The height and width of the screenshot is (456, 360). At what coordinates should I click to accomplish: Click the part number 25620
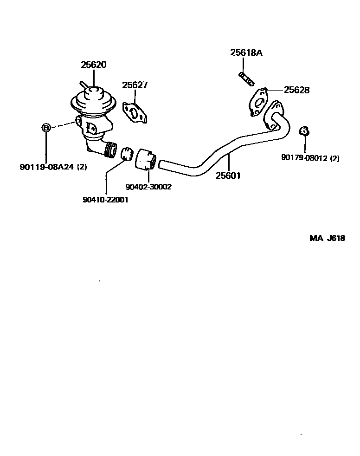tap(93, 65)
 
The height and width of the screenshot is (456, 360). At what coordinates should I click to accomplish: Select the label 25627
tap(135, 85)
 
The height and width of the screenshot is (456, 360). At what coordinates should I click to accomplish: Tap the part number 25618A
tap(246, 53)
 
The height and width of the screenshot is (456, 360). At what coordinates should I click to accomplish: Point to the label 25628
tap(296, 90)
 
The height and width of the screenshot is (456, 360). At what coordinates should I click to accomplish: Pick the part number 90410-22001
tap(105, 200)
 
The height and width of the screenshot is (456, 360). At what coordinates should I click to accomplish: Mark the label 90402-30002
tap(148, 187)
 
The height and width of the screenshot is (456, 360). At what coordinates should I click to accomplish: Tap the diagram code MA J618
tap(327, 238)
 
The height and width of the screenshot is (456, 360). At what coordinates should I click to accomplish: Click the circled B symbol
tap(46, 127)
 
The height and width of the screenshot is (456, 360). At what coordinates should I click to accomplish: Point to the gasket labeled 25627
tap(135, 113)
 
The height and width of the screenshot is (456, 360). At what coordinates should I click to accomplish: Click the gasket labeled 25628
tap(258, 102)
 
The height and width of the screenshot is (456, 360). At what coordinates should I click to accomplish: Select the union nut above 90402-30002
tap(146, 159)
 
